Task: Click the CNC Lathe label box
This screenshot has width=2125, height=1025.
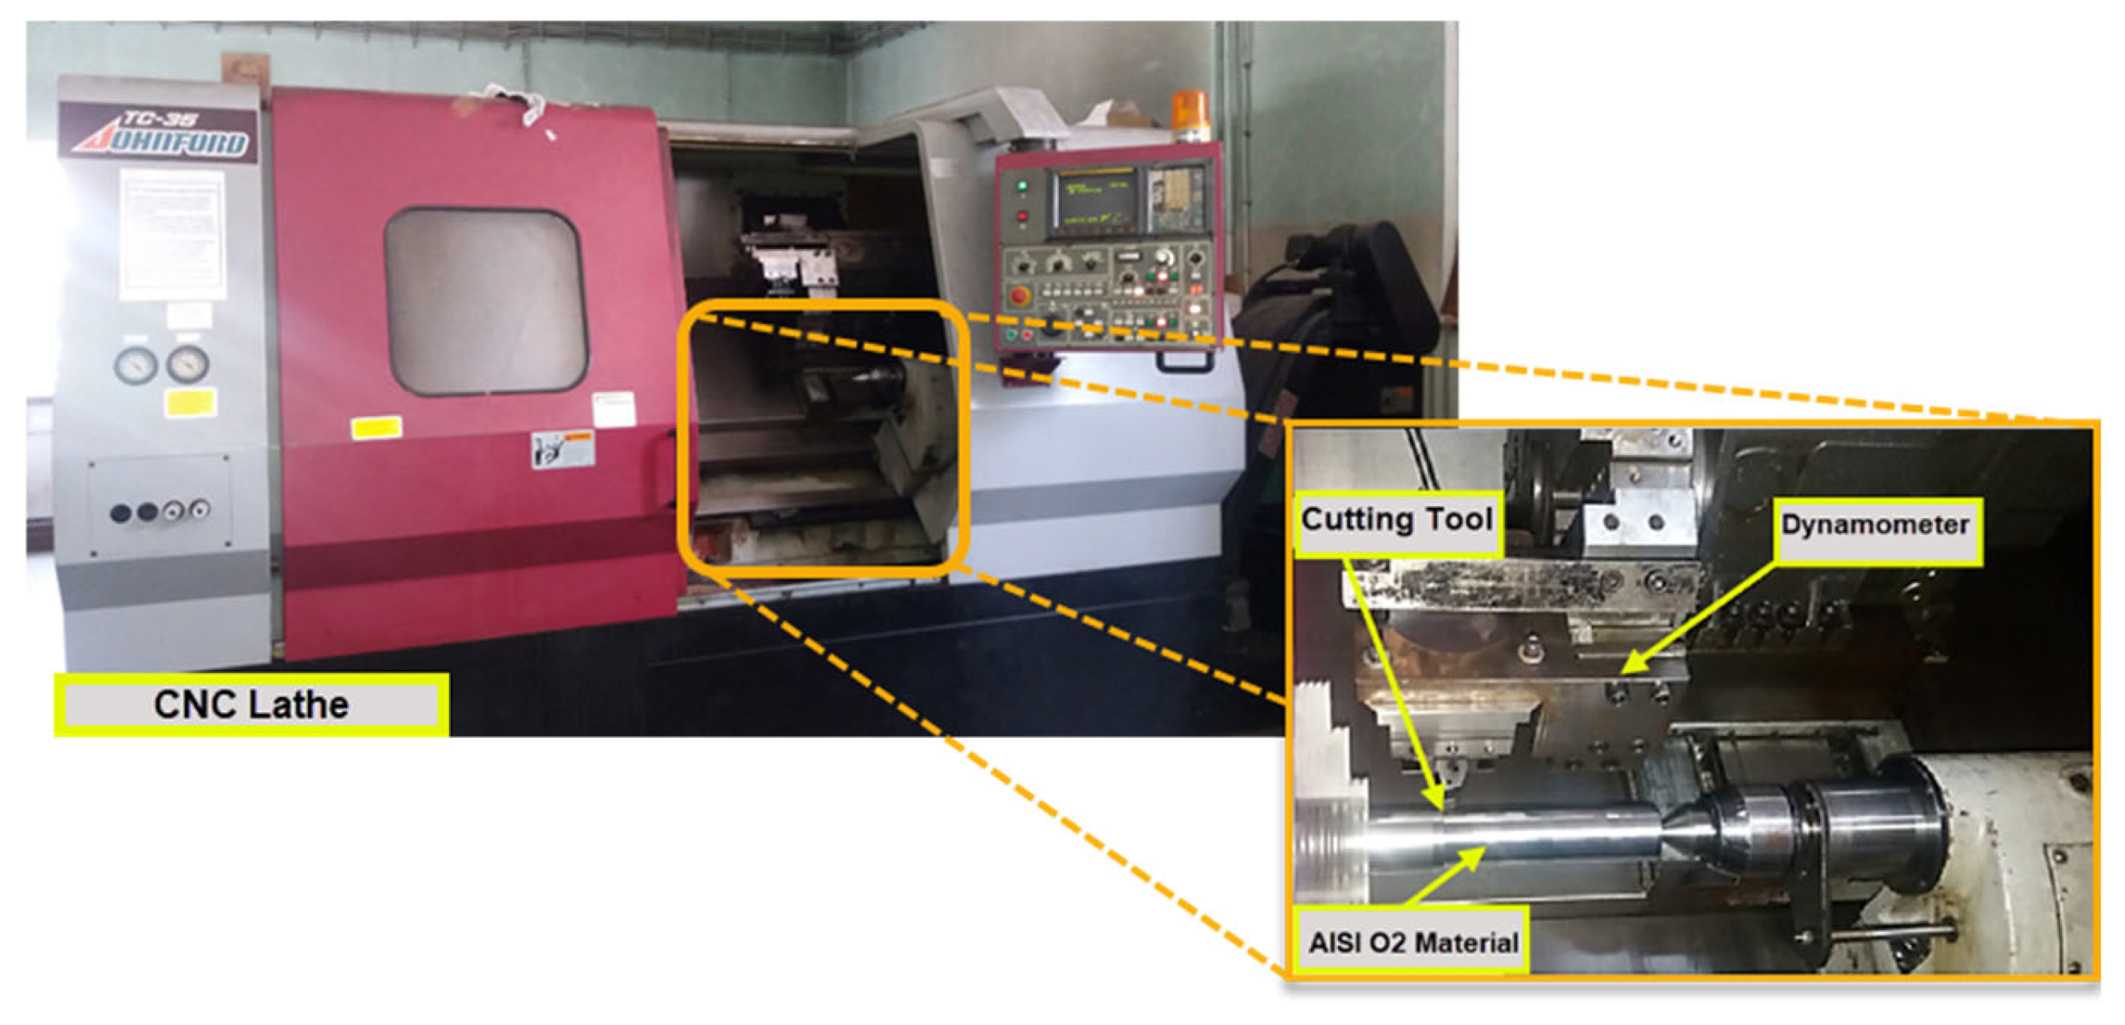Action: coord(251,704)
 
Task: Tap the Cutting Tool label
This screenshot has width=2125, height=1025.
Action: coord(1396,520)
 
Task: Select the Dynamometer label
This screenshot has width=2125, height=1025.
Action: coord(1876,526)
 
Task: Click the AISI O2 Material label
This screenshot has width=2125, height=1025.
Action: coord(1412,942)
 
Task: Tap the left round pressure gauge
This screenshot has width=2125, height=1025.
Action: coord(136,365)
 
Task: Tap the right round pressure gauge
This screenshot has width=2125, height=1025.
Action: coord(188,364)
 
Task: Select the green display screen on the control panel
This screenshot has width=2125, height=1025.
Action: coord(1095,198)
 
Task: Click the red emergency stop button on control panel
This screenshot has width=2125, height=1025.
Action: coord(1020,295)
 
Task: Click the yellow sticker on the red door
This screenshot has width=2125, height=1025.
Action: coord(377,428)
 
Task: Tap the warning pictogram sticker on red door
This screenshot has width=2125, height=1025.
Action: coord(562,449)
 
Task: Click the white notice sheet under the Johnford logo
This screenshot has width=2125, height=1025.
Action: coord(172,235)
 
